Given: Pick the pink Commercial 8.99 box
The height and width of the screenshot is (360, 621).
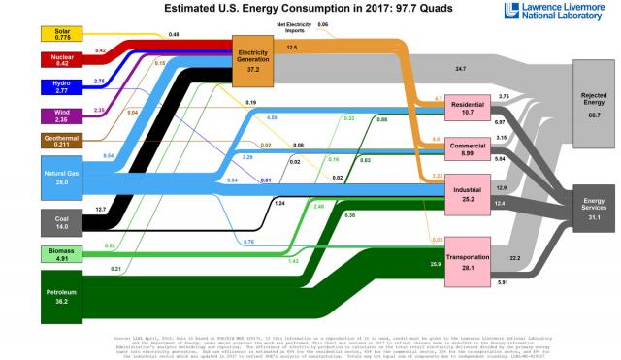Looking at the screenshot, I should point(467,147).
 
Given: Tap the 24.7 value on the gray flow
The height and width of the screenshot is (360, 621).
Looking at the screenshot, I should point(460,68).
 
